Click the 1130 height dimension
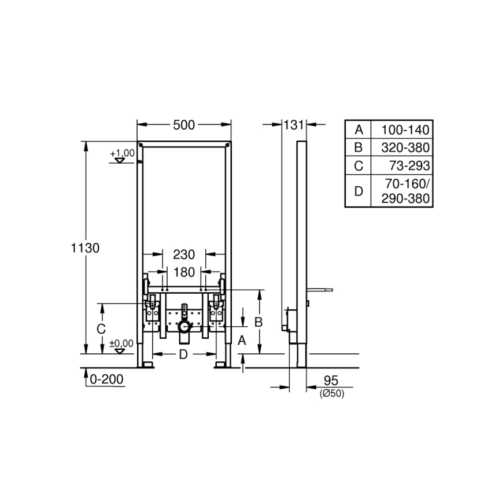(x=86, y=248)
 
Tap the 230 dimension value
(x=184, y=254)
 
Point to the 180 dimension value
(x=184, y=272)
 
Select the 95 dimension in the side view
(x=330, y=380)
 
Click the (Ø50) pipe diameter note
(x=331, y=393)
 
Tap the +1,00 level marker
(x=122, y=153)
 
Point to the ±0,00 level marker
(x=121, y=344)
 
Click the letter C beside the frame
(x=101, y=328)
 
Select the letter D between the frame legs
(x=183, y=355)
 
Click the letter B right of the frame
(x=259, y=322)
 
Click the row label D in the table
(x=359, y=191)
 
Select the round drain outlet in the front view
(x=184, y=328)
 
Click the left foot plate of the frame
(x=146, y=365)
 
